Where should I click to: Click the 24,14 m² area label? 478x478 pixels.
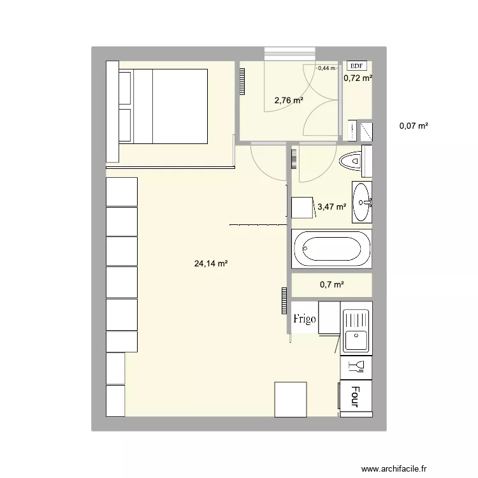211,263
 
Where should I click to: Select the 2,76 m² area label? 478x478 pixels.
288,100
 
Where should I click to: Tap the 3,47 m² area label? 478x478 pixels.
332,206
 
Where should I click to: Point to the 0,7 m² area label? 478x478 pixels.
332,285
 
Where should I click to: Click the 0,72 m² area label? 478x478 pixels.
358,78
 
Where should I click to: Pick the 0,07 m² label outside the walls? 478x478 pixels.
414,126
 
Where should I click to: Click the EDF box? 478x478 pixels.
356,65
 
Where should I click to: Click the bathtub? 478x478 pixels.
331,249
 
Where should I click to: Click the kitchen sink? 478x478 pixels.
356,331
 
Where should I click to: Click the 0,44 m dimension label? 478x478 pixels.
326,68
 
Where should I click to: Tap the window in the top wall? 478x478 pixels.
290,54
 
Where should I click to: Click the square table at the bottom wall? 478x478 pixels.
291,398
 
